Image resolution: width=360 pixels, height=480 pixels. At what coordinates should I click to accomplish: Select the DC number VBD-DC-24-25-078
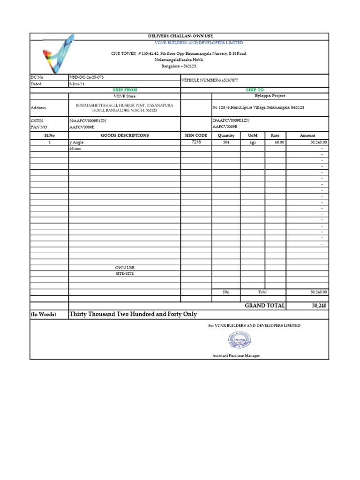point(86,77)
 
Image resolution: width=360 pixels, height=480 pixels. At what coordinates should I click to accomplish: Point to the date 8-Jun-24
point(77,84)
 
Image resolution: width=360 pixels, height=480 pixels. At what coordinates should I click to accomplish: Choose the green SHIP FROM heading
point(125,90)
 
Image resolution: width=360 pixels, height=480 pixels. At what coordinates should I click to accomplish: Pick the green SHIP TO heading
point(255,90)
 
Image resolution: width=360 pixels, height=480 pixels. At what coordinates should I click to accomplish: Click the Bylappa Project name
point(270,96)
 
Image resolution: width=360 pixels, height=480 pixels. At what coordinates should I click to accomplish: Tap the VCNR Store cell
point(125,96)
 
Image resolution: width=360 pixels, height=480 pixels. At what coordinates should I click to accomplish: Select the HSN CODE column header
point(196,135)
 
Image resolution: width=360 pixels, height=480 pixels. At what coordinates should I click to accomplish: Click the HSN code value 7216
point(196,142)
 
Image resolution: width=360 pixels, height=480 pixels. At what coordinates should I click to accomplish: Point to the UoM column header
point(253,135)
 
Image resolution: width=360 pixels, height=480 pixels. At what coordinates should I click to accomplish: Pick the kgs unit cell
point(253,142)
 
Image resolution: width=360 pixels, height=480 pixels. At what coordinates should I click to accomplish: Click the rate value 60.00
point(279,142)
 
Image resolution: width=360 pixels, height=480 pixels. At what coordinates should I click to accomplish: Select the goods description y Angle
point(76,142)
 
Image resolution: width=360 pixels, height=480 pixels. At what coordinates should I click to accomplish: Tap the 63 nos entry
point(75,148)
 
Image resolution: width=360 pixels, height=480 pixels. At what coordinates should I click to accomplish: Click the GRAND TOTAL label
point(264,305)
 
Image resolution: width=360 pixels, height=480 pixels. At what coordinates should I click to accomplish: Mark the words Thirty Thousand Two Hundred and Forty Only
point(133,314)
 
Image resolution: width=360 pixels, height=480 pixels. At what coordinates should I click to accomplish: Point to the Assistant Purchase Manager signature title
point(236,356)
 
